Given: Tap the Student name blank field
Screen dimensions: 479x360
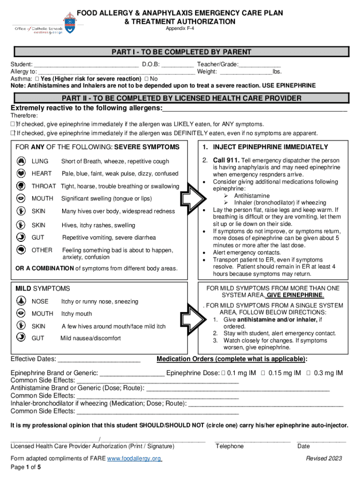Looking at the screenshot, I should pos(86,65).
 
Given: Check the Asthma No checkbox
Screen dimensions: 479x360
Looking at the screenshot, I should pos(147,79).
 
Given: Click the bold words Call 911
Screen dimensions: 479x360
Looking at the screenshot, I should pos(226,160).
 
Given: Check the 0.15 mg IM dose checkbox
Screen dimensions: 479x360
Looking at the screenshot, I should pos(263,373).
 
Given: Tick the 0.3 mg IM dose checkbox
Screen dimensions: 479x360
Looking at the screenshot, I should pos(309,373).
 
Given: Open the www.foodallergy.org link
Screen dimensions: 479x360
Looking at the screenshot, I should pos(135,458).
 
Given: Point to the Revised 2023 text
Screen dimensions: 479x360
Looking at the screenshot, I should pos(324,458).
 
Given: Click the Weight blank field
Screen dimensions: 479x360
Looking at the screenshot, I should pos(246,72).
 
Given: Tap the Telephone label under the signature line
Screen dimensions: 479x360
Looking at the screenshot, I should pos(229,446).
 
